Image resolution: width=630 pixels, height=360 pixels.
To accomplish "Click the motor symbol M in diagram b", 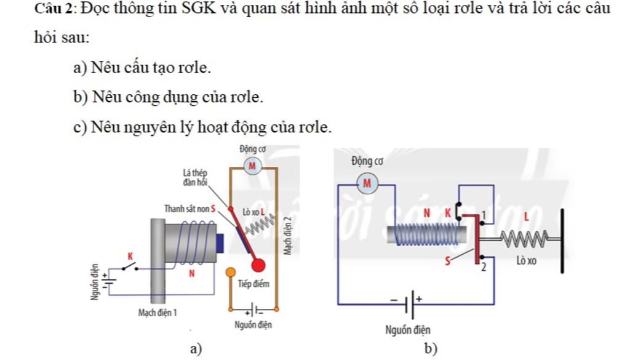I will point(367,183).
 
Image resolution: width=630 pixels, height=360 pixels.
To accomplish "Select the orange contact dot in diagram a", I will point(230,271).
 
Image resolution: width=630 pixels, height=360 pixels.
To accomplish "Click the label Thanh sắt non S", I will point(189,209).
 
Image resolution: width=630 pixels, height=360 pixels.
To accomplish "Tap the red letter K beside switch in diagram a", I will point(130,255).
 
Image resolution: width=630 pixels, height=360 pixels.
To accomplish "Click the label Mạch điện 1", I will point(157,313).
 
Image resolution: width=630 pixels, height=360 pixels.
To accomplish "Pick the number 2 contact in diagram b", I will point(484,268).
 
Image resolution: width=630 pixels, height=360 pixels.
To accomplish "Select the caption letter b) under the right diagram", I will point(431,349).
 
